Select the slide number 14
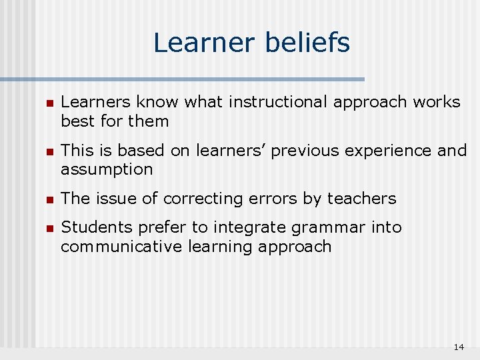coord(458,347)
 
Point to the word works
coord(436,103)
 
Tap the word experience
coord(391,151)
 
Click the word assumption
coord(107,170)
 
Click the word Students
coord(91,227)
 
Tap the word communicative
coord(112,247)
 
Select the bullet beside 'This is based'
coord(49,151)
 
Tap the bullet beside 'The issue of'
coord(49,199)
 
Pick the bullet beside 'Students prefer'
coord(49,228)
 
